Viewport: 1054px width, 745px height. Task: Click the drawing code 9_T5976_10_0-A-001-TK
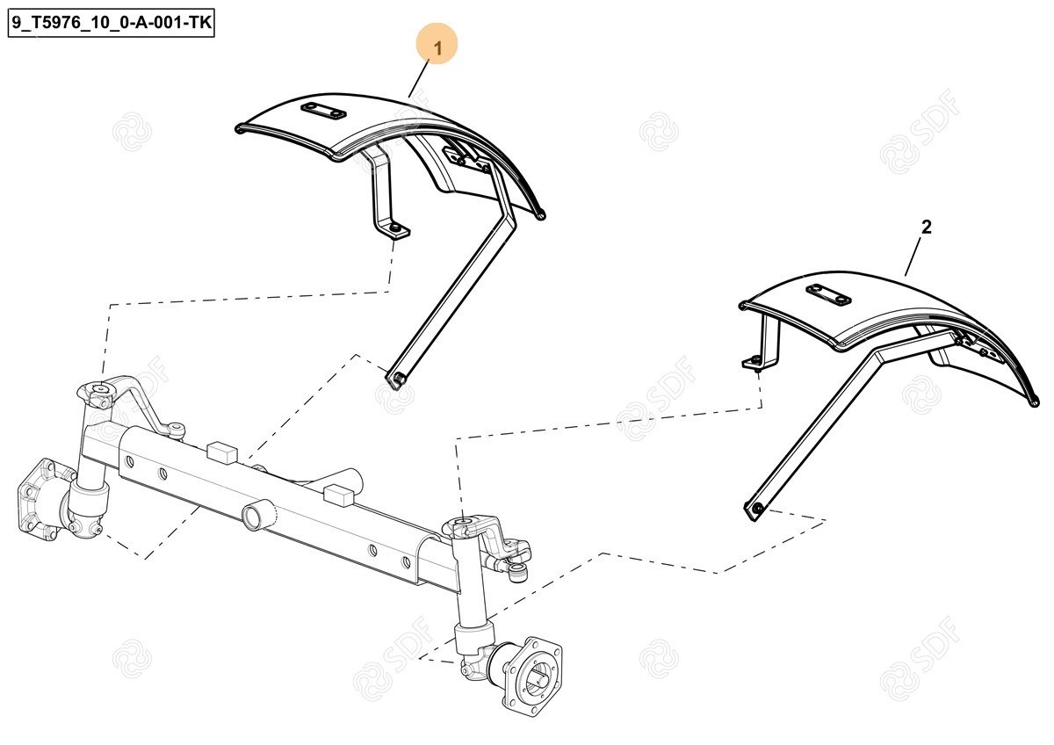(112, 23)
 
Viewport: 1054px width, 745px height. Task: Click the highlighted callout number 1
(437, 47)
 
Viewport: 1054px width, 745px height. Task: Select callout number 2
(926, 228)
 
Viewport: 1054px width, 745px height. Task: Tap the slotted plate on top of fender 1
(324, 111)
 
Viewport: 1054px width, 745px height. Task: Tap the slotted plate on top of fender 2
(828, 294)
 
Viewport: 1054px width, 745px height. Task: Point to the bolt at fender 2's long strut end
(757, 507)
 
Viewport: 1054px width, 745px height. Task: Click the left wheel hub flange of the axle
(40, 499)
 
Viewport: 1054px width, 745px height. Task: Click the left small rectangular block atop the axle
(223, 452)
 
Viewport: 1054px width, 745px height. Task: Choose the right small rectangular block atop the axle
(338, 496)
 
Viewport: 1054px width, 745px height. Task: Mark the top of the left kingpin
(101, 390)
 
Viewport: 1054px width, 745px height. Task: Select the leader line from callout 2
(914, 257)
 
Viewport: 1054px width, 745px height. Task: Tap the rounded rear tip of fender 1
(541, 215)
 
